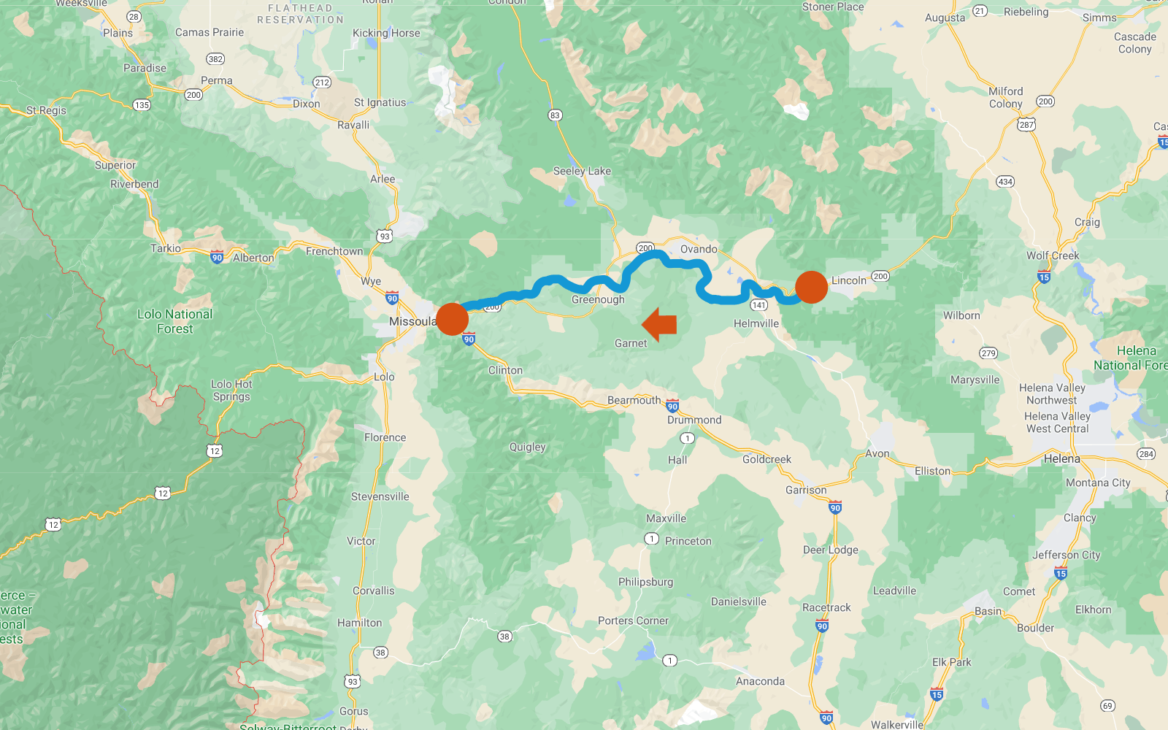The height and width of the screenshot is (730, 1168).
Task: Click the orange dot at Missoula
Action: tap(453, 319)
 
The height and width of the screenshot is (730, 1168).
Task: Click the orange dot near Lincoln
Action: tap(811, 287)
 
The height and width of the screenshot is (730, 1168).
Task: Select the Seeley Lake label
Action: tap(582, 171)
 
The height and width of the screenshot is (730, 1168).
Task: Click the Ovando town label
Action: tap(699, 249)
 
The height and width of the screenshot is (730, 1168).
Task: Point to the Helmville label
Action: tap(756, 323)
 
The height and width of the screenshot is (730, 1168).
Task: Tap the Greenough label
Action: tap(598, 299)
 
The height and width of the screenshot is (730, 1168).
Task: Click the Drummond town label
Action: tap(694, 420)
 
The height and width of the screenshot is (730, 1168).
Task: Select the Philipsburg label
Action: tap(645, 582)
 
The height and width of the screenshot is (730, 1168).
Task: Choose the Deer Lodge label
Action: tap(831, 550)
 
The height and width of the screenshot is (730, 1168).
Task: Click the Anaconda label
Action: tap(760, 681)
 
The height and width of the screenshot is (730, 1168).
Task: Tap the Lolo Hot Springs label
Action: tap(231, 391)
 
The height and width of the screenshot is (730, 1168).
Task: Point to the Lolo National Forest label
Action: tap(175, 321)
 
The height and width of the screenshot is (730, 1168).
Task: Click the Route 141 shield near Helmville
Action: tap(759, 305)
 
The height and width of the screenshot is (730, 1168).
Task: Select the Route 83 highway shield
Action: tap(555, 115)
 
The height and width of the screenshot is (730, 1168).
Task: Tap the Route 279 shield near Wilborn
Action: tap(988, 353)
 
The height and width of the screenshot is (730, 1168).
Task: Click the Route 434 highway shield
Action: tap(1005, 182)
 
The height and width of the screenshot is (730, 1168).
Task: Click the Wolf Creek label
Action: tap(1052, 255)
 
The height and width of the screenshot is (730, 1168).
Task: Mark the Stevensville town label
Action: tap(380, 496)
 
